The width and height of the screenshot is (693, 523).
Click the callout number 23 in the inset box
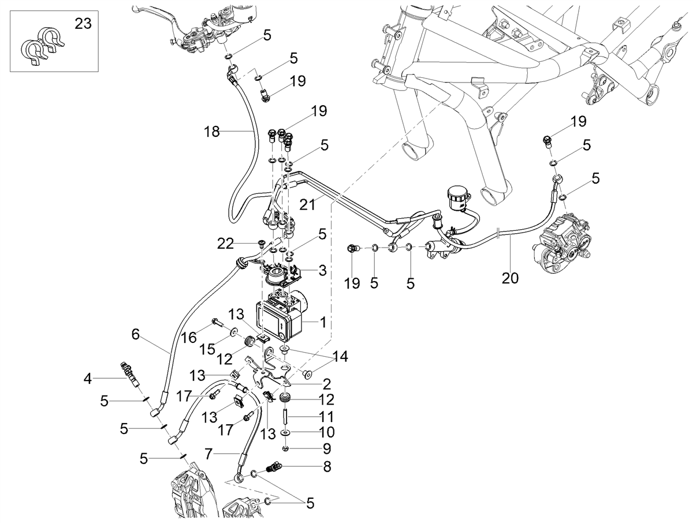(x=83, y=24)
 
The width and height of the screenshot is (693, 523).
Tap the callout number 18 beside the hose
(x=211, y=132)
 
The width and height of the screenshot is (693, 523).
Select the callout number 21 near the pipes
(x=307, y=204)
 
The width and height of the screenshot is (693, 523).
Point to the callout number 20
(x=510, y=278)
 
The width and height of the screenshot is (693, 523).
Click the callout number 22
(x=225, y=244)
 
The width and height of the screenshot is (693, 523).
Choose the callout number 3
(x=322, y=271)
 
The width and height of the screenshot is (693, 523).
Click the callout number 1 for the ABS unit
(x=323, y=322)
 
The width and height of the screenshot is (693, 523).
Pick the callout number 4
(x=87, y=379)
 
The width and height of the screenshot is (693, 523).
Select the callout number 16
(x=189, y=338)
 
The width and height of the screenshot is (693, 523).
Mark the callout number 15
(x=208, y=349)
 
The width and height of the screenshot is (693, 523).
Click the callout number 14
(x=340, y=357)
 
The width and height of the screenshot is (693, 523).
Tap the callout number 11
(x=327, y=416)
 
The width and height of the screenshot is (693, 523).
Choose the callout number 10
(x=327, y=432)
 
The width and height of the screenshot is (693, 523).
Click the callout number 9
(x=327, y=448)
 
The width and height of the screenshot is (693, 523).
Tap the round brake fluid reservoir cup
(x=459, y=198)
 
